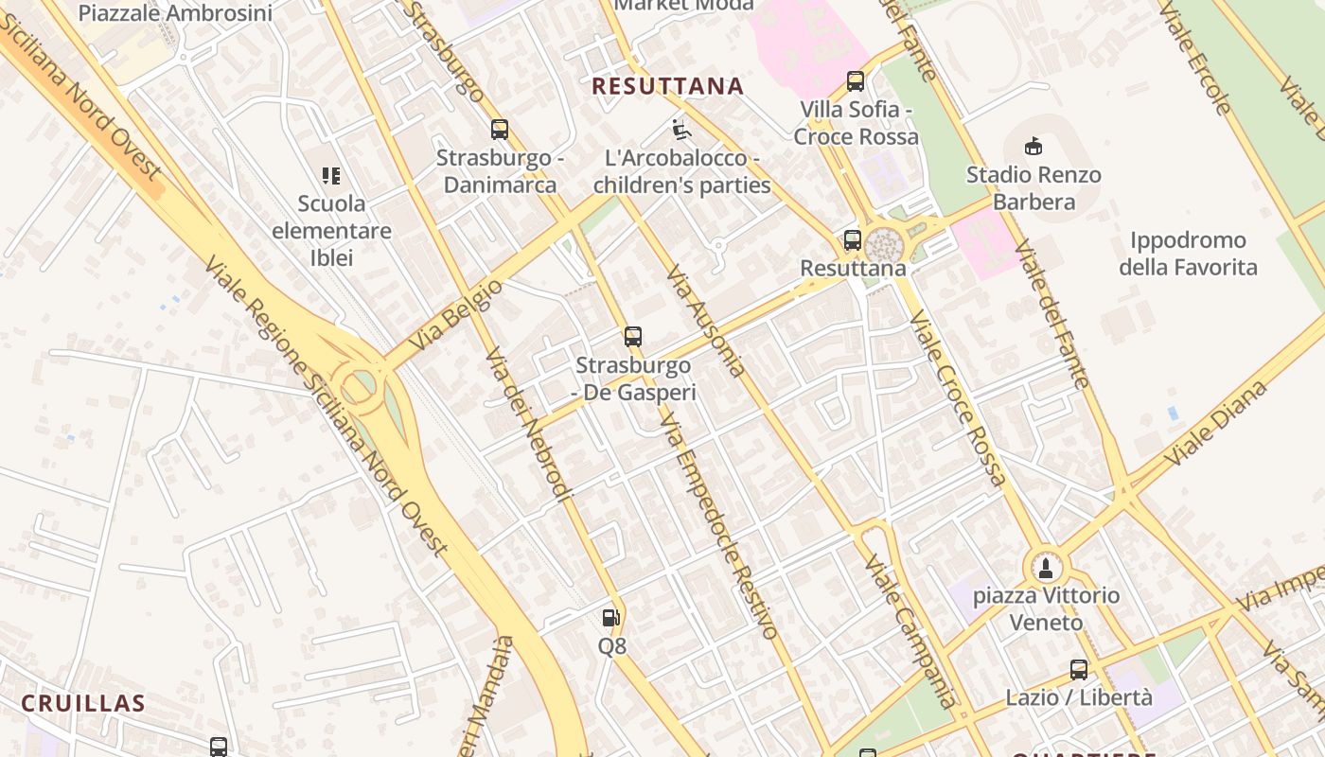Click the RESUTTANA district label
tap(667, 86)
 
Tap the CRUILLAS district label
tap(83, 703)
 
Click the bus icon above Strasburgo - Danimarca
tap(500, 130)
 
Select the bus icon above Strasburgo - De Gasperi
tap(633, 336)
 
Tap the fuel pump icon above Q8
tap(611, 618)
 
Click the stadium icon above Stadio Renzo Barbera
tap(1033, 147)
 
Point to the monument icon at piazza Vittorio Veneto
tap(1045, 568)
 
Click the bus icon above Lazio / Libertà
tap(1079, 670)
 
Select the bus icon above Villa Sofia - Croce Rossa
tap(856, 81)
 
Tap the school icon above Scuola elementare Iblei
tap(330, 175)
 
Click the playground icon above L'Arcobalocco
tap(681, 129)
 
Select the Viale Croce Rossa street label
tap(958, 397)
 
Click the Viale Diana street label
tap(1215, 423)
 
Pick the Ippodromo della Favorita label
tap(1188, 254)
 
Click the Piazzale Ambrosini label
tap(175, 12)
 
